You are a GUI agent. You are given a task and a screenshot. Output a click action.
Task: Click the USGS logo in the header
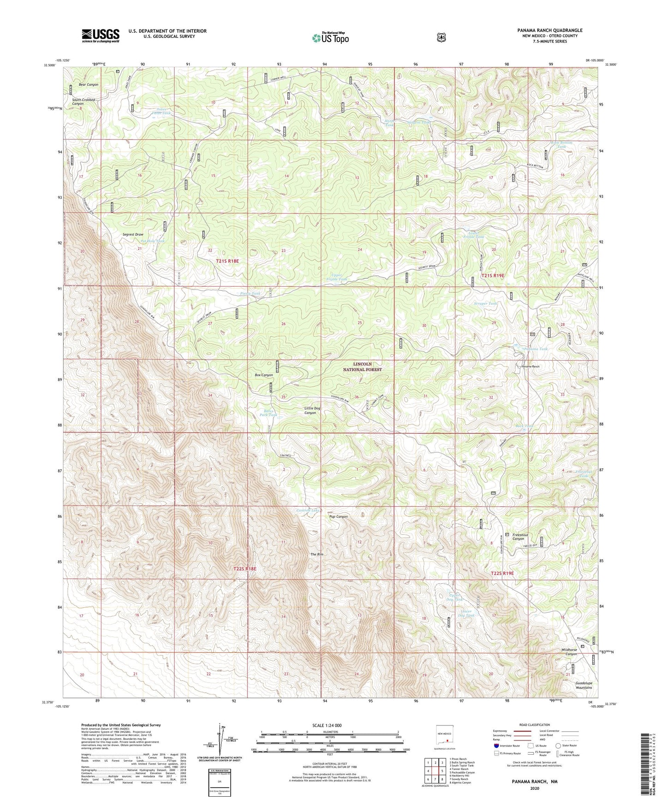click(x=100, y=35)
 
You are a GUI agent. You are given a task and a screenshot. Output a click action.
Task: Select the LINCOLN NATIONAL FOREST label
click(x=362, y=367)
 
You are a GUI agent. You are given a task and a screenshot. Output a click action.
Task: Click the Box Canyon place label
click(x=264, y=375)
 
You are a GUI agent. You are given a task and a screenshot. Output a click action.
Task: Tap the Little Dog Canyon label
click(x=312, y=410)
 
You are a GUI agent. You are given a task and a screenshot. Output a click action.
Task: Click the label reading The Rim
click(x=317, y=554)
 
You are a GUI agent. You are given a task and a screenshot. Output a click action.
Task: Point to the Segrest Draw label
click(x=133, y=234)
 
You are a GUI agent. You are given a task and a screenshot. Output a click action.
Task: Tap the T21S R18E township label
click(x=227, y=261)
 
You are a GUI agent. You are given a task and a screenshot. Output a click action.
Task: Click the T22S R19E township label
click(x=502, y=573)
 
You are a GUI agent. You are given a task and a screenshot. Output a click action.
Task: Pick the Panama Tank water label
click(x=536, y=349)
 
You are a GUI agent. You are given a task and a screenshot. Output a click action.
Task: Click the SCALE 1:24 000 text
click(x=327, y=725)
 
